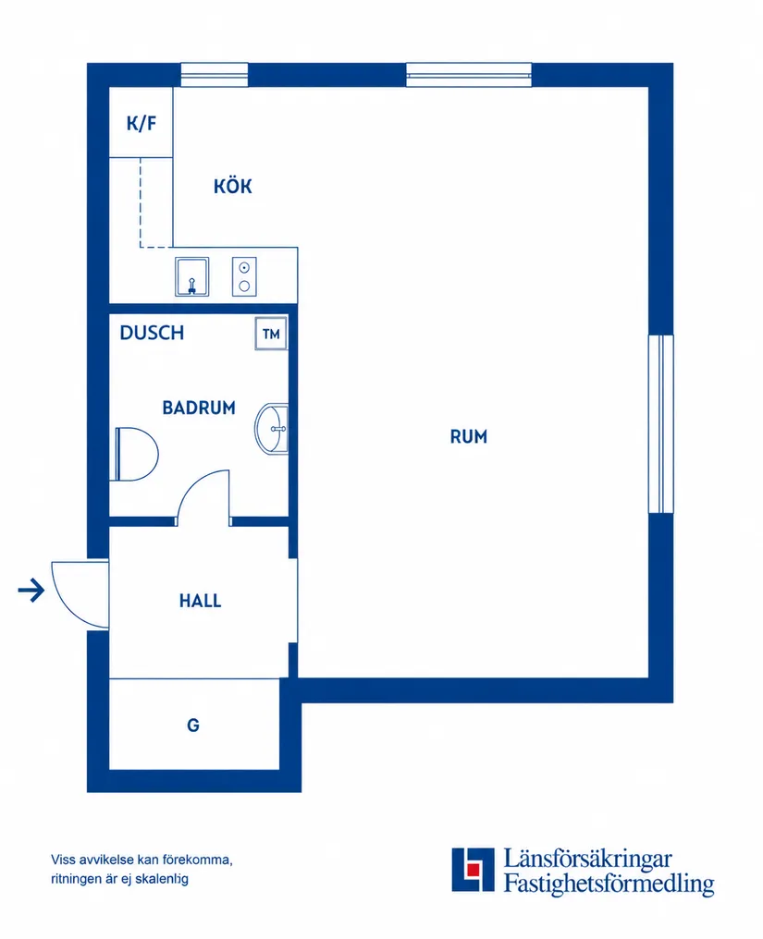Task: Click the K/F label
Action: [x=141, y=123]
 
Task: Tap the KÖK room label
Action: [x=232, y=186]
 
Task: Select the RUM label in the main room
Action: [x=469, y=436]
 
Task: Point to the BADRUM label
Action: [x=199, y=408]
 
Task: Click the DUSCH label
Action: [x=152, y=333]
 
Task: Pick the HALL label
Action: [x=200, y=601]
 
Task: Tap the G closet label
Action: [x=193, y=726]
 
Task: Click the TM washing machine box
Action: [x=271, y=334]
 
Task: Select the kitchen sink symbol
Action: [x=191, y=276]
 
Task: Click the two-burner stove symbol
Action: [x=244, y=276]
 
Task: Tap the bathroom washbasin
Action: [x=272, y=429]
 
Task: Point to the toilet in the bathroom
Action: [x=136, y=454]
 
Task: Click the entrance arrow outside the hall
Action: [x=31, y=591]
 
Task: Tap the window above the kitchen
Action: [x=215, y=75]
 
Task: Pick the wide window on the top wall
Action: [x=469, y=75]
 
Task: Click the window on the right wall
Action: [x=661, y=424]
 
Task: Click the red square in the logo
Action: [x=474, y=870]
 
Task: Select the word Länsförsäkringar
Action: [x=587, y=859]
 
